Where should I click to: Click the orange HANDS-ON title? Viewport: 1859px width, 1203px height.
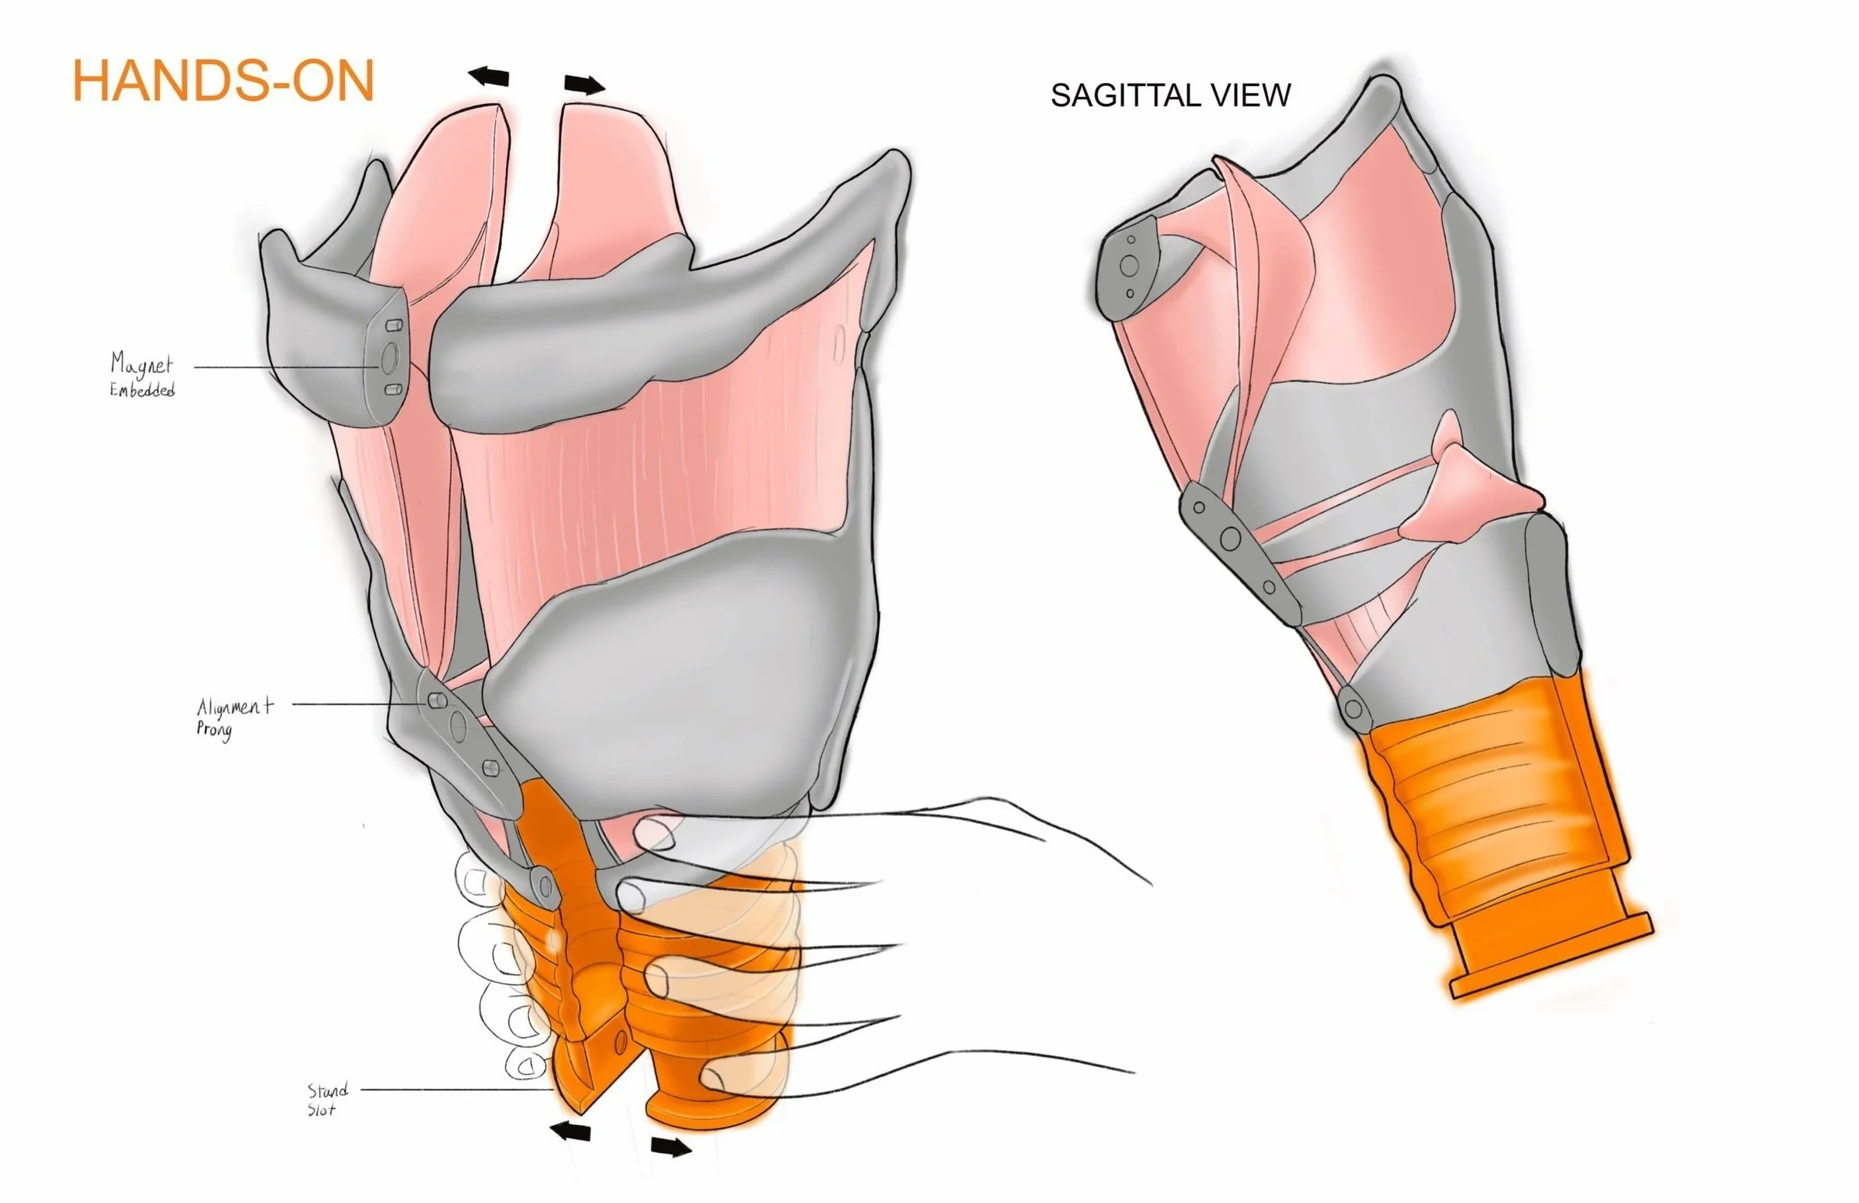point(224,81)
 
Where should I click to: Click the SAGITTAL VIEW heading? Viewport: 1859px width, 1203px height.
point(1170,95)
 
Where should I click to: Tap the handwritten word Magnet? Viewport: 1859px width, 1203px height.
point(142,363)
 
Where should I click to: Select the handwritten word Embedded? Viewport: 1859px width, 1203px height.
point(142,389)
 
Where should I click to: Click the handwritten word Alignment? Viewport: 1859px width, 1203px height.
point(235,707)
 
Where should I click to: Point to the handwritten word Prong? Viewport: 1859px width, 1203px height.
point(214,731)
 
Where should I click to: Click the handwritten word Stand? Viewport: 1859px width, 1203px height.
point(327,1090)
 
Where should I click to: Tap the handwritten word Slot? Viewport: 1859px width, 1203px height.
point(321,1109)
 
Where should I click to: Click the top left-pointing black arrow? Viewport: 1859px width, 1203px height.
point(489,77)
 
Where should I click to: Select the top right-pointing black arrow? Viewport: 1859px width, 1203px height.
point(584,84)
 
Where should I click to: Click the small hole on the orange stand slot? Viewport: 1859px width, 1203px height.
point(622,1040)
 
